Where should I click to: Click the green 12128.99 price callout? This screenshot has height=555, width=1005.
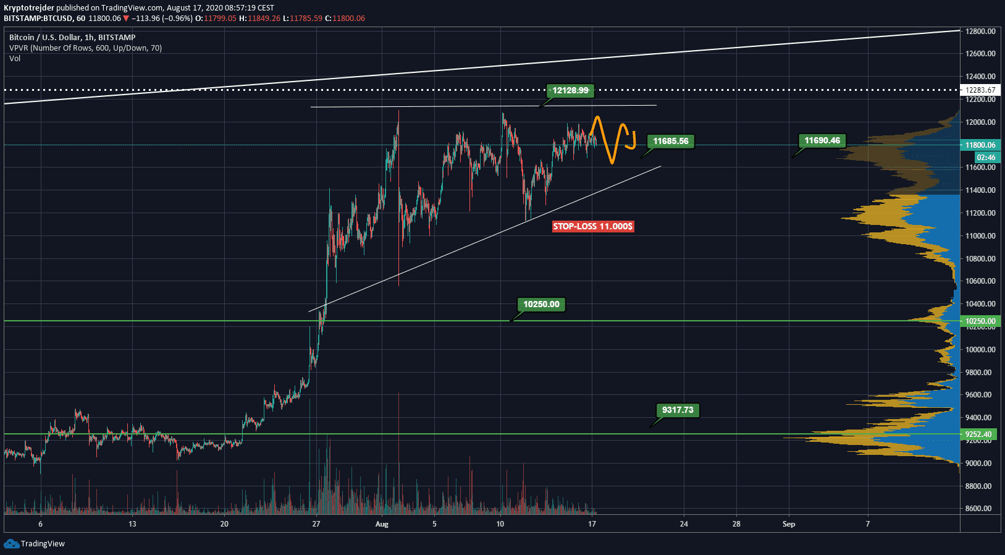tap(570, 91)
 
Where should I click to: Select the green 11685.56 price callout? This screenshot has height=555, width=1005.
tap(670, 142)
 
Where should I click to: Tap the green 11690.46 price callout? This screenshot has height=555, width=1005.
tap(822, 141)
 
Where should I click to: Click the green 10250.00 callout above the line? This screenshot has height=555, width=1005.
tap(541, 304)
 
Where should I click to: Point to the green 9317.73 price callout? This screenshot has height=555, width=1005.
tap(677, 410)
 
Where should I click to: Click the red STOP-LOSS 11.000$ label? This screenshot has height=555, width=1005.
tap(592, 226)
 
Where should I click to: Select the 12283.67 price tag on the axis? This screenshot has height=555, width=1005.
tap(980, 90)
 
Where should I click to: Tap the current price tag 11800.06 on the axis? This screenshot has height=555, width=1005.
tap(980, 145)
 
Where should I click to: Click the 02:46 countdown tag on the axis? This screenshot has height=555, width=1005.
tap(985, 157)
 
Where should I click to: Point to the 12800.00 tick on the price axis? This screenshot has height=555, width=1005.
tap(980, 31)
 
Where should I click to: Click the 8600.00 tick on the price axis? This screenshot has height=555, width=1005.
tap(980, 509)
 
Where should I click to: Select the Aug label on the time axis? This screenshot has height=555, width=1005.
tap(382, 524)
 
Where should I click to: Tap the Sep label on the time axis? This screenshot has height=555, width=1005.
tap(789, 524)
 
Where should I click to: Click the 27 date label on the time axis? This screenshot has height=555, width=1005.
tap(316, 524)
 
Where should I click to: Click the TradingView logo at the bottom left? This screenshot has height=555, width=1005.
tap(35, 544)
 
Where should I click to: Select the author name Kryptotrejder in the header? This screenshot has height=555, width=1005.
tap(29, 8)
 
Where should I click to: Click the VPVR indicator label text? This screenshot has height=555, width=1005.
tap(85, 48)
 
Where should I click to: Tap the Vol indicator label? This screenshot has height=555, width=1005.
tap(15, 59)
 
